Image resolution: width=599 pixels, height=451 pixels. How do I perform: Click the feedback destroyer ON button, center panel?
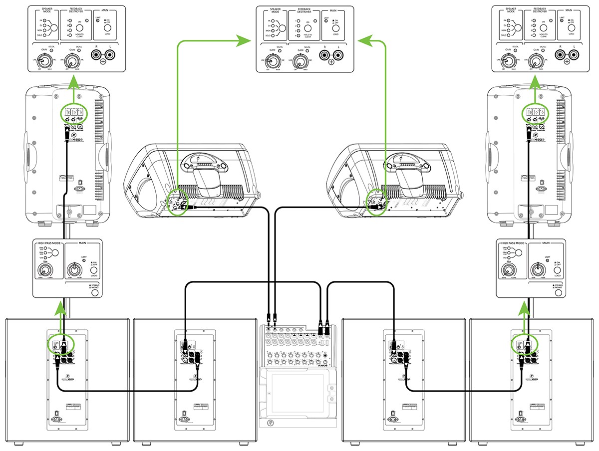coord(309,28)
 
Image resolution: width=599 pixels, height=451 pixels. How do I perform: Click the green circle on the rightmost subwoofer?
coord(524,342)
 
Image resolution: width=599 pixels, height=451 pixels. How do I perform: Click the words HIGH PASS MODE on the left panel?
coord(49,243)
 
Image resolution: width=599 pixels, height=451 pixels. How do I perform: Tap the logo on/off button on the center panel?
coord(335,28)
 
